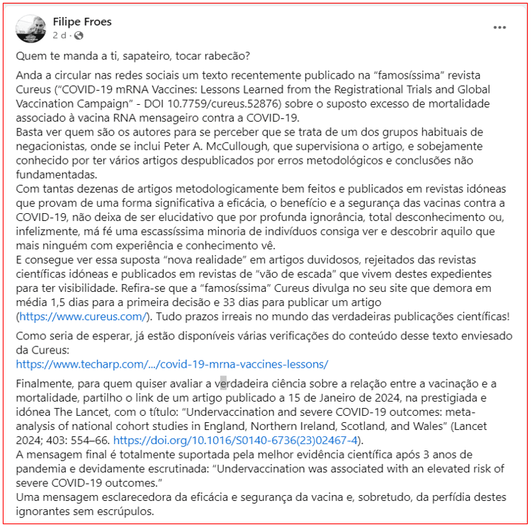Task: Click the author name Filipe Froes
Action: (82, 21)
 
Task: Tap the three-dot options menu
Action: (500, 28)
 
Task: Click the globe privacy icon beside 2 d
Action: (78, 35)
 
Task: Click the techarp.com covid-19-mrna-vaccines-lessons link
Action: (172, 364)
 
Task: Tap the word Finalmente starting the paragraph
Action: (45, 384)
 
